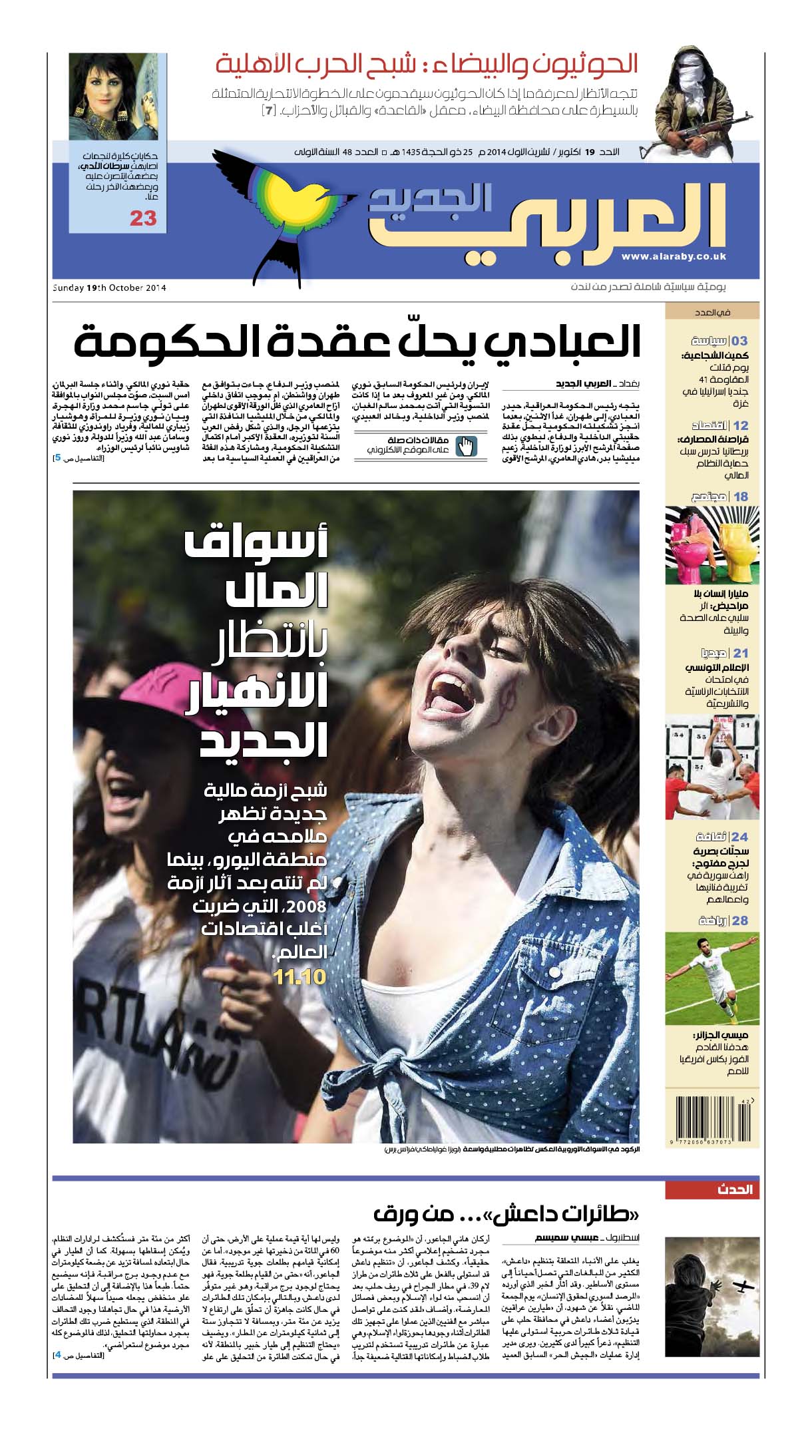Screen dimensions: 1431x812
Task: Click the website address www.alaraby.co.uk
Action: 674,256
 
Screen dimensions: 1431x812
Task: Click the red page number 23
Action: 143,218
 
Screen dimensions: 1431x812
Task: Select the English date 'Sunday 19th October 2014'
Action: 109,288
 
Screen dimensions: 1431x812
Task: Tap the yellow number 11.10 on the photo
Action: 300,977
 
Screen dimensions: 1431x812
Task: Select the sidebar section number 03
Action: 739,341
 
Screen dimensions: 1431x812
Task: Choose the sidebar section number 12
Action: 740,425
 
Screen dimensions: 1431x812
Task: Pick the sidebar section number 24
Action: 740,837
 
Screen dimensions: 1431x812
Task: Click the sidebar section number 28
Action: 740,921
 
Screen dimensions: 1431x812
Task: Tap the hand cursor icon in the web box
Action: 467,445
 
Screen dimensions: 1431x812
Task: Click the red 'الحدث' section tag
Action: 735,1189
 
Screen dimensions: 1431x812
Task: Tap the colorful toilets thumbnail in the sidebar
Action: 711,545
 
